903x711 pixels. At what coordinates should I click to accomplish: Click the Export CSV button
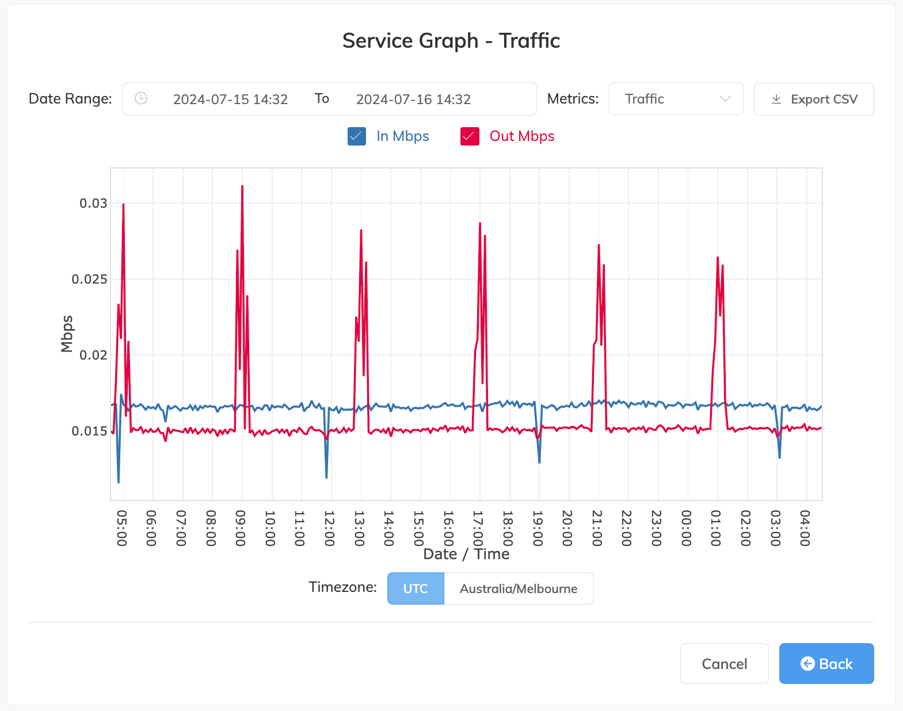[813, 99]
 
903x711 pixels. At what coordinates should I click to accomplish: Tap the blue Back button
[826, 663]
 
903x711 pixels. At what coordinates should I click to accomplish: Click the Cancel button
[724, 663]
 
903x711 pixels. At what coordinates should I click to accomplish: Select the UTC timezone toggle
[416, 588]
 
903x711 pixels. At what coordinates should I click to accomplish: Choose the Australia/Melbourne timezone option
[518, 588]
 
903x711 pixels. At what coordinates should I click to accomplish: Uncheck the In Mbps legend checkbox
[357, 136]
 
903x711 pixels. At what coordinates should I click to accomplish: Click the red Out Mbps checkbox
[470, 136]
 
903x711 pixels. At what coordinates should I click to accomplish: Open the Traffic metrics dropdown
[676, 99]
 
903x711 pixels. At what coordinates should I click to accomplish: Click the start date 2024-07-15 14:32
[230, 100]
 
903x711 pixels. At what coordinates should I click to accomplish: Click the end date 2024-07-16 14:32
[413, 100]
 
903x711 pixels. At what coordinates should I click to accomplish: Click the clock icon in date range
[141, 98]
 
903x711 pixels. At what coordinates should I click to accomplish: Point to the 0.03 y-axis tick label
[93, 203]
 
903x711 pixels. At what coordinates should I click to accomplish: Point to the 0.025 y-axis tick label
[89, 279]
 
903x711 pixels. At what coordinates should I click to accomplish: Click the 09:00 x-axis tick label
[241, 527]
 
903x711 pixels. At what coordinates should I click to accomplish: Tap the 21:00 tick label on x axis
[597, 527]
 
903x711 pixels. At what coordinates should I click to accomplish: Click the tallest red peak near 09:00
[242, 187]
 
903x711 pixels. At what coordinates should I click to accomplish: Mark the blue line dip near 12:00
[326, 476]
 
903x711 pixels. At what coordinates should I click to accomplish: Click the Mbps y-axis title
[67, 334]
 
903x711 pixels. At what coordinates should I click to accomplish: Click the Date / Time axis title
[466, 554]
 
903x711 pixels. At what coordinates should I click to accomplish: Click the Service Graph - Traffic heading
[451, 41]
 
